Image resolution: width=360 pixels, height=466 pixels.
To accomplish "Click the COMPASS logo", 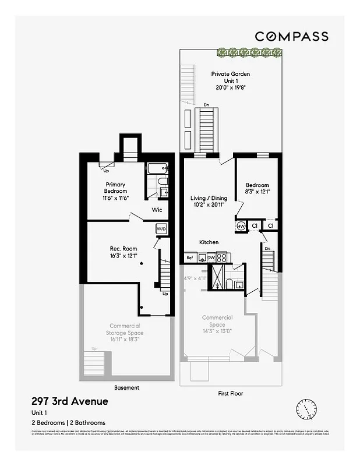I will tap(292, 36).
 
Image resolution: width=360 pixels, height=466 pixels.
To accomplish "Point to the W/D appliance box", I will tap(161, 229).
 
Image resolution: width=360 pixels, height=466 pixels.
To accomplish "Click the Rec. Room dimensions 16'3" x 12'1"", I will tap(123, 256).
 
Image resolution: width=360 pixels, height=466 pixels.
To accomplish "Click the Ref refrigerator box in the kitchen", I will tap(189, 257).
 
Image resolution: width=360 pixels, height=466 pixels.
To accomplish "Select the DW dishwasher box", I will tap(211, 257).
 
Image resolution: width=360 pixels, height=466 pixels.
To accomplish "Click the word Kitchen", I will tap(209, 242).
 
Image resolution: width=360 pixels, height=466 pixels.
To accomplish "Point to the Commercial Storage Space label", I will tap(124, 332).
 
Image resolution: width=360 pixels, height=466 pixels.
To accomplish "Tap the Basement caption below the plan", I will tap(127, 387).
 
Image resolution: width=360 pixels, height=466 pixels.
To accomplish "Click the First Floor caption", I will tap(231, 393).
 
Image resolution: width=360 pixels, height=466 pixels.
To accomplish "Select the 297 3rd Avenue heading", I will tap(69, 401).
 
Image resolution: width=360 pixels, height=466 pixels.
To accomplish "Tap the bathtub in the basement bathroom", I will tap(156, 169).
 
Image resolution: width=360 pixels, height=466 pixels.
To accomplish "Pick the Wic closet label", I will tap(157, 210).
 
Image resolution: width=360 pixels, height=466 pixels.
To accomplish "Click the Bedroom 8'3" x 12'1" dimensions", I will tap(257, 191).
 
